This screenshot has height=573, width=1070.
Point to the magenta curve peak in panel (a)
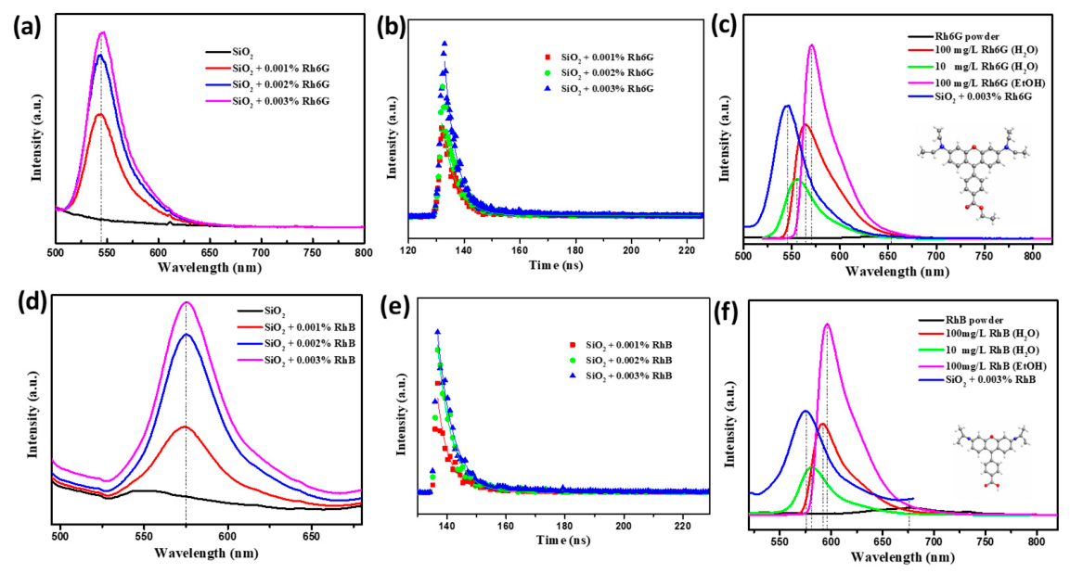click(x=102, y=32)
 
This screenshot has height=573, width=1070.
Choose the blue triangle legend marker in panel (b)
click(x=546, y=89)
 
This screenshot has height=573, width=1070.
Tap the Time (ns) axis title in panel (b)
click(x=556, y=264)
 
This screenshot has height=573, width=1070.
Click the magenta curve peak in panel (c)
click(x=811, y=45)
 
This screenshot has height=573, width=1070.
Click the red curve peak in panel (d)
click(x=186, y=427)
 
